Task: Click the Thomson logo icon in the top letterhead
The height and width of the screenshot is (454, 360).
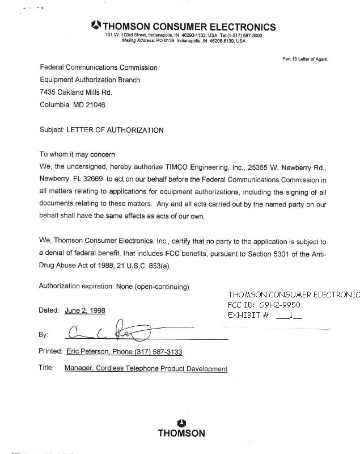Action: point(96,26)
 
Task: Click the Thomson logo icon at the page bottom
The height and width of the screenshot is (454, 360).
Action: point(181,422)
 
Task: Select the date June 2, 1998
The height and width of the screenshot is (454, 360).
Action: point(85,310)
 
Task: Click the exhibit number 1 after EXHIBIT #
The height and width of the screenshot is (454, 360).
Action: point(290,316)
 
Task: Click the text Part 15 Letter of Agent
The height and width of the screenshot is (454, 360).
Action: point(304,59)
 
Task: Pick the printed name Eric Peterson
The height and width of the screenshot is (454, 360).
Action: point(87,352)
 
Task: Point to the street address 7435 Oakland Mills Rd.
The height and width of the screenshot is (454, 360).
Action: point(76,93)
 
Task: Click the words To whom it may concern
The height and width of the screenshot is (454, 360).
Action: point(77,155)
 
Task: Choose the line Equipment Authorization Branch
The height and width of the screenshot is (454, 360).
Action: point(90,80)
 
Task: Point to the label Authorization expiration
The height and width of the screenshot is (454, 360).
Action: point(75,285)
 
